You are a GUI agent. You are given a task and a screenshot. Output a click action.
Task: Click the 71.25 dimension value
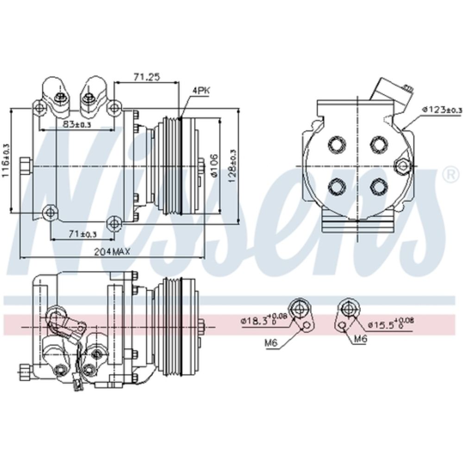147,77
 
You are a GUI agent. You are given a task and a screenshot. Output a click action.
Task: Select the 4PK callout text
200,91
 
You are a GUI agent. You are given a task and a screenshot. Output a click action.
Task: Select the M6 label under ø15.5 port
360,339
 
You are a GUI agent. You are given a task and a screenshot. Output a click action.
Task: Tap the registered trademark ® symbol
449,175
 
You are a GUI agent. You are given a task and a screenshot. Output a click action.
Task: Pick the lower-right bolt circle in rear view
379,187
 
